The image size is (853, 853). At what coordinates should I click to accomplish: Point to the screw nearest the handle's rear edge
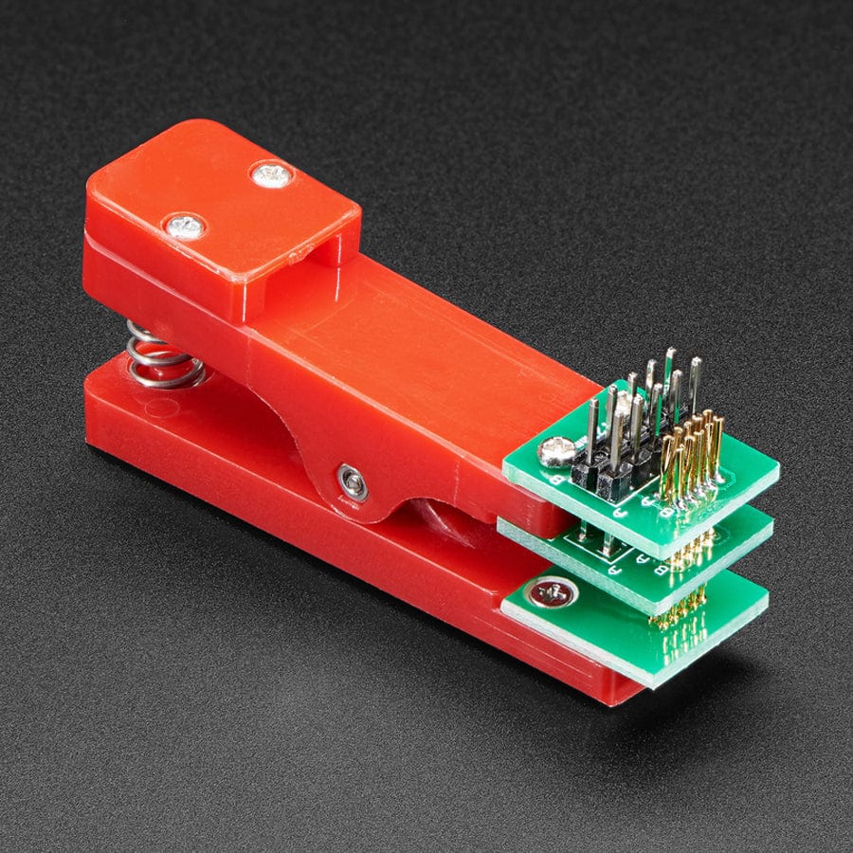click(x=185, y=227)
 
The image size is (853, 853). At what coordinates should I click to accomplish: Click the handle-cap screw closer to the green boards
click(x=272, y=174)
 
